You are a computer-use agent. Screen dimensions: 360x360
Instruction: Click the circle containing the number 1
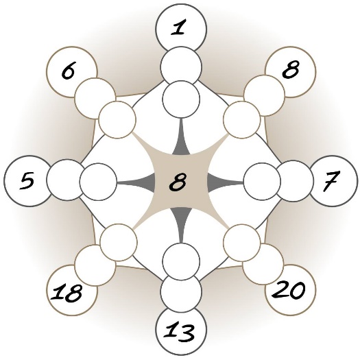(x=181, y=29)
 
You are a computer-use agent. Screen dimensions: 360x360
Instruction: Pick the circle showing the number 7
(x=332, y=181)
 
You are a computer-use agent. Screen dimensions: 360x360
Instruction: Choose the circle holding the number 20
(x=291, y=290)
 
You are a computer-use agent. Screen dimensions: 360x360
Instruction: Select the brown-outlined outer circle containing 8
(x=291, y=72)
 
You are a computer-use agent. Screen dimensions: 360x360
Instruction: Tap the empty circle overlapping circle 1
(x=181, y=67)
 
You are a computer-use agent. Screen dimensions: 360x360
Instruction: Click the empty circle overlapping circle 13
(x=181, y=291)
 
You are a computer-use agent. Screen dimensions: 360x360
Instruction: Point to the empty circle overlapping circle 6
(x=95, y=98)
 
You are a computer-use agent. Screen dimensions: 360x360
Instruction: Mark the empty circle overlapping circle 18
(x=95, y=265)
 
